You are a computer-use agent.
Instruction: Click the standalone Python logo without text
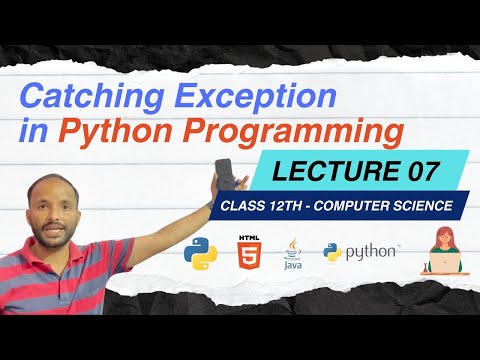(x=201, y=255)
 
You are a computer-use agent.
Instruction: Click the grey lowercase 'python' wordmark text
(x=370, y=253)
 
